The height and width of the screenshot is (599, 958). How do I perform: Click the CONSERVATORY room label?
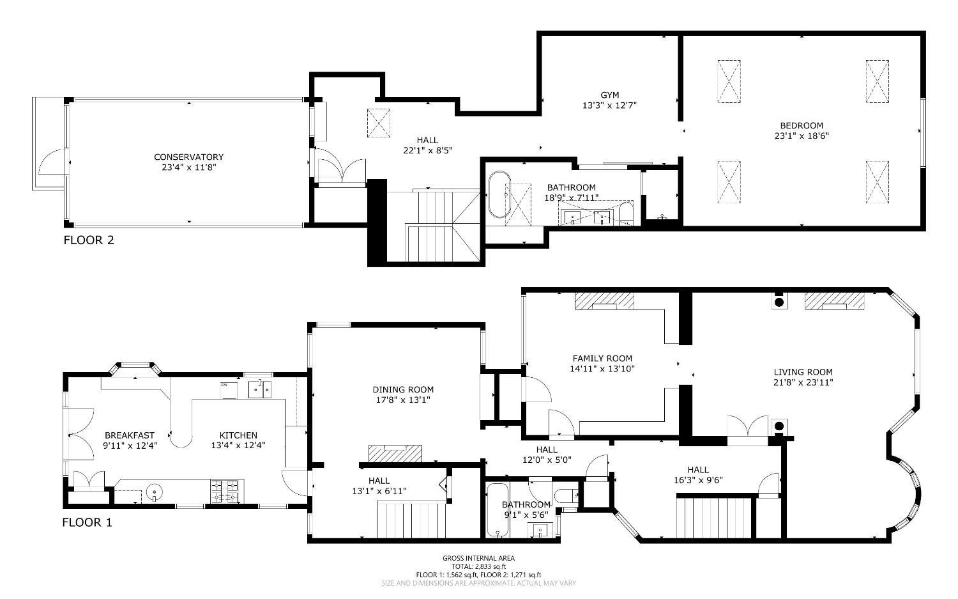click(188, 157)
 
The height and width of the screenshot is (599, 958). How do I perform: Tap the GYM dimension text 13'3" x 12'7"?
click(609, 105)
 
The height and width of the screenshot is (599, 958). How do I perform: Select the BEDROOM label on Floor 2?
click(802, 125)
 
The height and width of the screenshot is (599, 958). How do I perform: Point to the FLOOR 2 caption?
click(89, 240)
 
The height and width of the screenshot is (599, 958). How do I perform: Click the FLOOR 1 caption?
click(87, 522)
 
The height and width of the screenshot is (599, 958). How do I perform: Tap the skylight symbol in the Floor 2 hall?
click(379, 123)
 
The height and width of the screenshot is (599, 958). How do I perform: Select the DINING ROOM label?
click(403, 389)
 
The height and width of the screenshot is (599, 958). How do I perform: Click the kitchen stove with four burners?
click(227, 491)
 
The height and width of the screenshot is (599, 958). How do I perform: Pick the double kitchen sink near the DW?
click(260, 389)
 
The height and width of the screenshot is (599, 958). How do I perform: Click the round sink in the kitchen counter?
click(155, 492)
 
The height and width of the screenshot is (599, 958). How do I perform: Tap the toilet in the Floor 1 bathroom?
click(566, 497)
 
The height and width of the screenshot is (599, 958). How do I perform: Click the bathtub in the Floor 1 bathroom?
click(498, 510)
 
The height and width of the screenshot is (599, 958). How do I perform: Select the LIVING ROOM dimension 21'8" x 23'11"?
click(803, 382)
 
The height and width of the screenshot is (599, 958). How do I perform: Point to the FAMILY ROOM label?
click(602, 359)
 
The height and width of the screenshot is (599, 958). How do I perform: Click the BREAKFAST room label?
click(130, 435)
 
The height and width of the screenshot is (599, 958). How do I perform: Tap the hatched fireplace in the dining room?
click(395, 453)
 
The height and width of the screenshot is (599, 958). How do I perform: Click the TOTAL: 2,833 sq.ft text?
click(478, 566)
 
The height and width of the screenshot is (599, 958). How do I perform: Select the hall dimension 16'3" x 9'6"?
click(699, 480)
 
